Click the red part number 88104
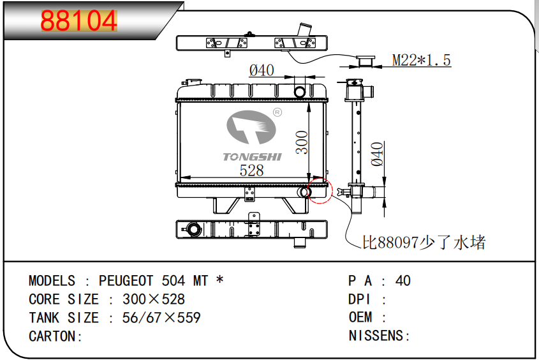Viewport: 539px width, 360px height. pos(79,20)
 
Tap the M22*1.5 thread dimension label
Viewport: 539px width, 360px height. pos(421,60)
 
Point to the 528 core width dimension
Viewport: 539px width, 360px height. pos(251,170)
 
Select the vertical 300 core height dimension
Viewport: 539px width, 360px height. pos(302,142)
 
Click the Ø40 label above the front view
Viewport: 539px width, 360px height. pos(262,70)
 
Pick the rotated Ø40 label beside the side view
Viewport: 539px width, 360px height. pos(377,154)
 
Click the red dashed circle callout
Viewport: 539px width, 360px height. pos(320,190)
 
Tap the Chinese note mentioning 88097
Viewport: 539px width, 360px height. pos(424,242)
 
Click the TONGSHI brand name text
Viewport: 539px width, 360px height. pos(253,157)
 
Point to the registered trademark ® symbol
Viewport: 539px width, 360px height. pos(277,112)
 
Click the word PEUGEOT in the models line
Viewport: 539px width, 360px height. pos(126,281)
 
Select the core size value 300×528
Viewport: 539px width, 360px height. pos(154,299)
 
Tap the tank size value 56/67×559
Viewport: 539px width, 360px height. pos(161,318)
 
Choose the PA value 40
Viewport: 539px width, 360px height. pos(403,281)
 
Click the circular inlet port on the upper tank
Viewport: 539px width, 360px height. pos(299,92)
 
